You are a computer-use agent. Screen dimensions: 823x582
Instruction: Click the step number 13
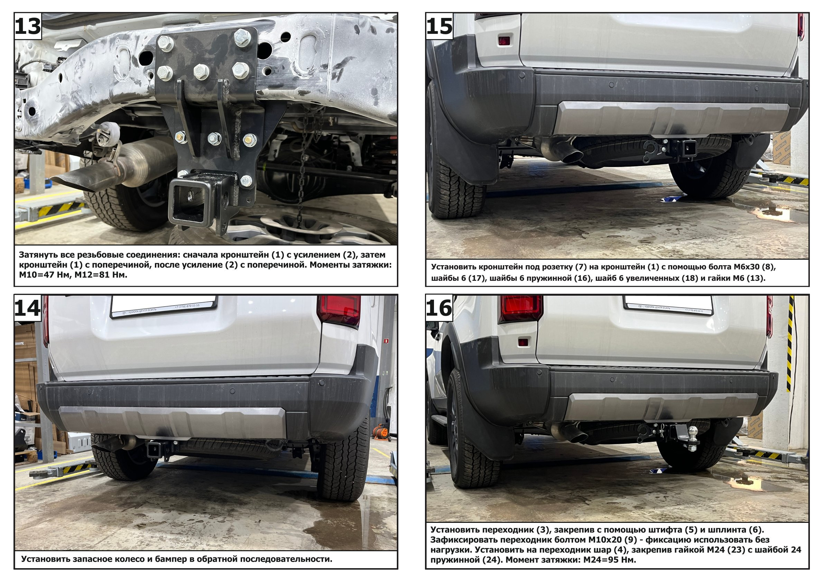28,27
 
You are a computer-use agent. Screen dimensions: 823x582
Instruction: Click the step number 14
28,308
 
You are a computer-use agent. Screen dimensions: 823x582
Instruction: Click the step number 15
440,27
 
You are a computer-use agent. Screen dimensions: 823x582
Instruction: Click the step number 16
440,308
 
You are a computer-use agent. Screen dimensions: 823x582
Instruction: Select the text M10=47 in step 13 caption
37,276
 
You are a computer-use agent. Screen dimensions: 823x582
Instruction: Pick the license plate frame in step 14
164,307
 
